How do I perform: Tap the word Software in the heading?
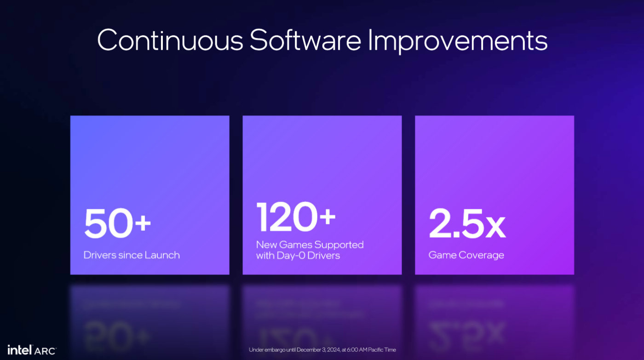[305, 40]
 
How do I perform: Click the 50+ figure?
[117, 223]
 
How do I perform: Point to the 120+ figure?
[296, 217]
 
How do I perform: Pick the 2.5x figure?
[467, 223]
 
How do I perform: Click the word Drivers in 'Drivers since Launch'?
[99, 255]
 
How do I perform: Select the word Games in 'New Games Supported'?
[295, 245]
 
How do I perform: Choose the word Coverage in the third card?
[481, 256]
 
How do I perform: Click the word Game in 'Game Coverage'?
[442, 255]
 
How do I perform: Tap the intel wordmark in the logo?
[19, 350]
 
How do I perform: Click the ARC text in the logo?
[45, 351]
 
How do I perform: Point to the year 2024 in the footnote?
[333, 350]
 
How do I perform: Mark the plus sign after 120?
[328, 216]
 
